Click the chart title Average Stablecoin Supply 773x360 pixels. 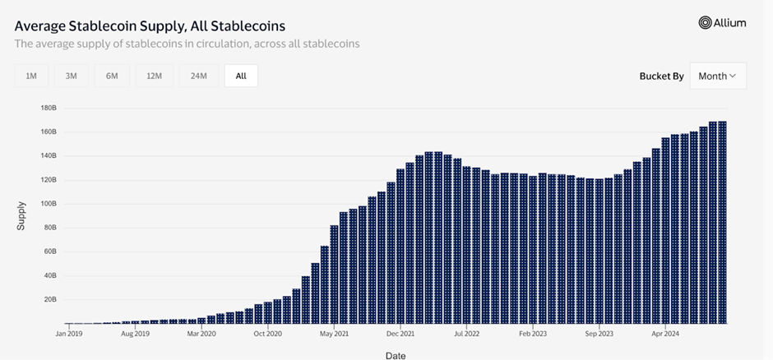pos(150,26)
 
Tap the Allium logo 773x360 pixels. pos(722,23)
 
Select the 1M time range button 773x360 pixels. pos(31,76)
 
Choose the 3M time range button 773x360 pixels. pos(72,76)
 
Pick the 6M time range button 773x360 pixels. pos(112,76)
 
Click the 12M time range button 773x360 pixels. pos(154,76)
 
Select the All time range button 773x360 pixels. pos(241,76)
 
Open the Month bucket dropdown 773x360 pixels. pos(717,76)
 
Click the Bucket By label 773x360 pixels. pos(661,76)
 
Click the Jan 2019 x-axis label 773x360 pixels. pos(68,335)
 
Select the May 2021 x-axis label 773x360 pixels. pos(335,335)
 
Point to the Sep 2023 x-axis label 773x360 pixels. pos(599,335)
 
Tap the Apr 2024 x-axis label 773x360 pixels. pos(666,335)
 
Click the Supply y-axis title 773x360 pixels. pos(21,215)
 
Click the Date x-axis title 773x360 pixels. pos(395,355)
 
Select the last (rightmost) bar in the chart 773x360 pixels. pos(722,222)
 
